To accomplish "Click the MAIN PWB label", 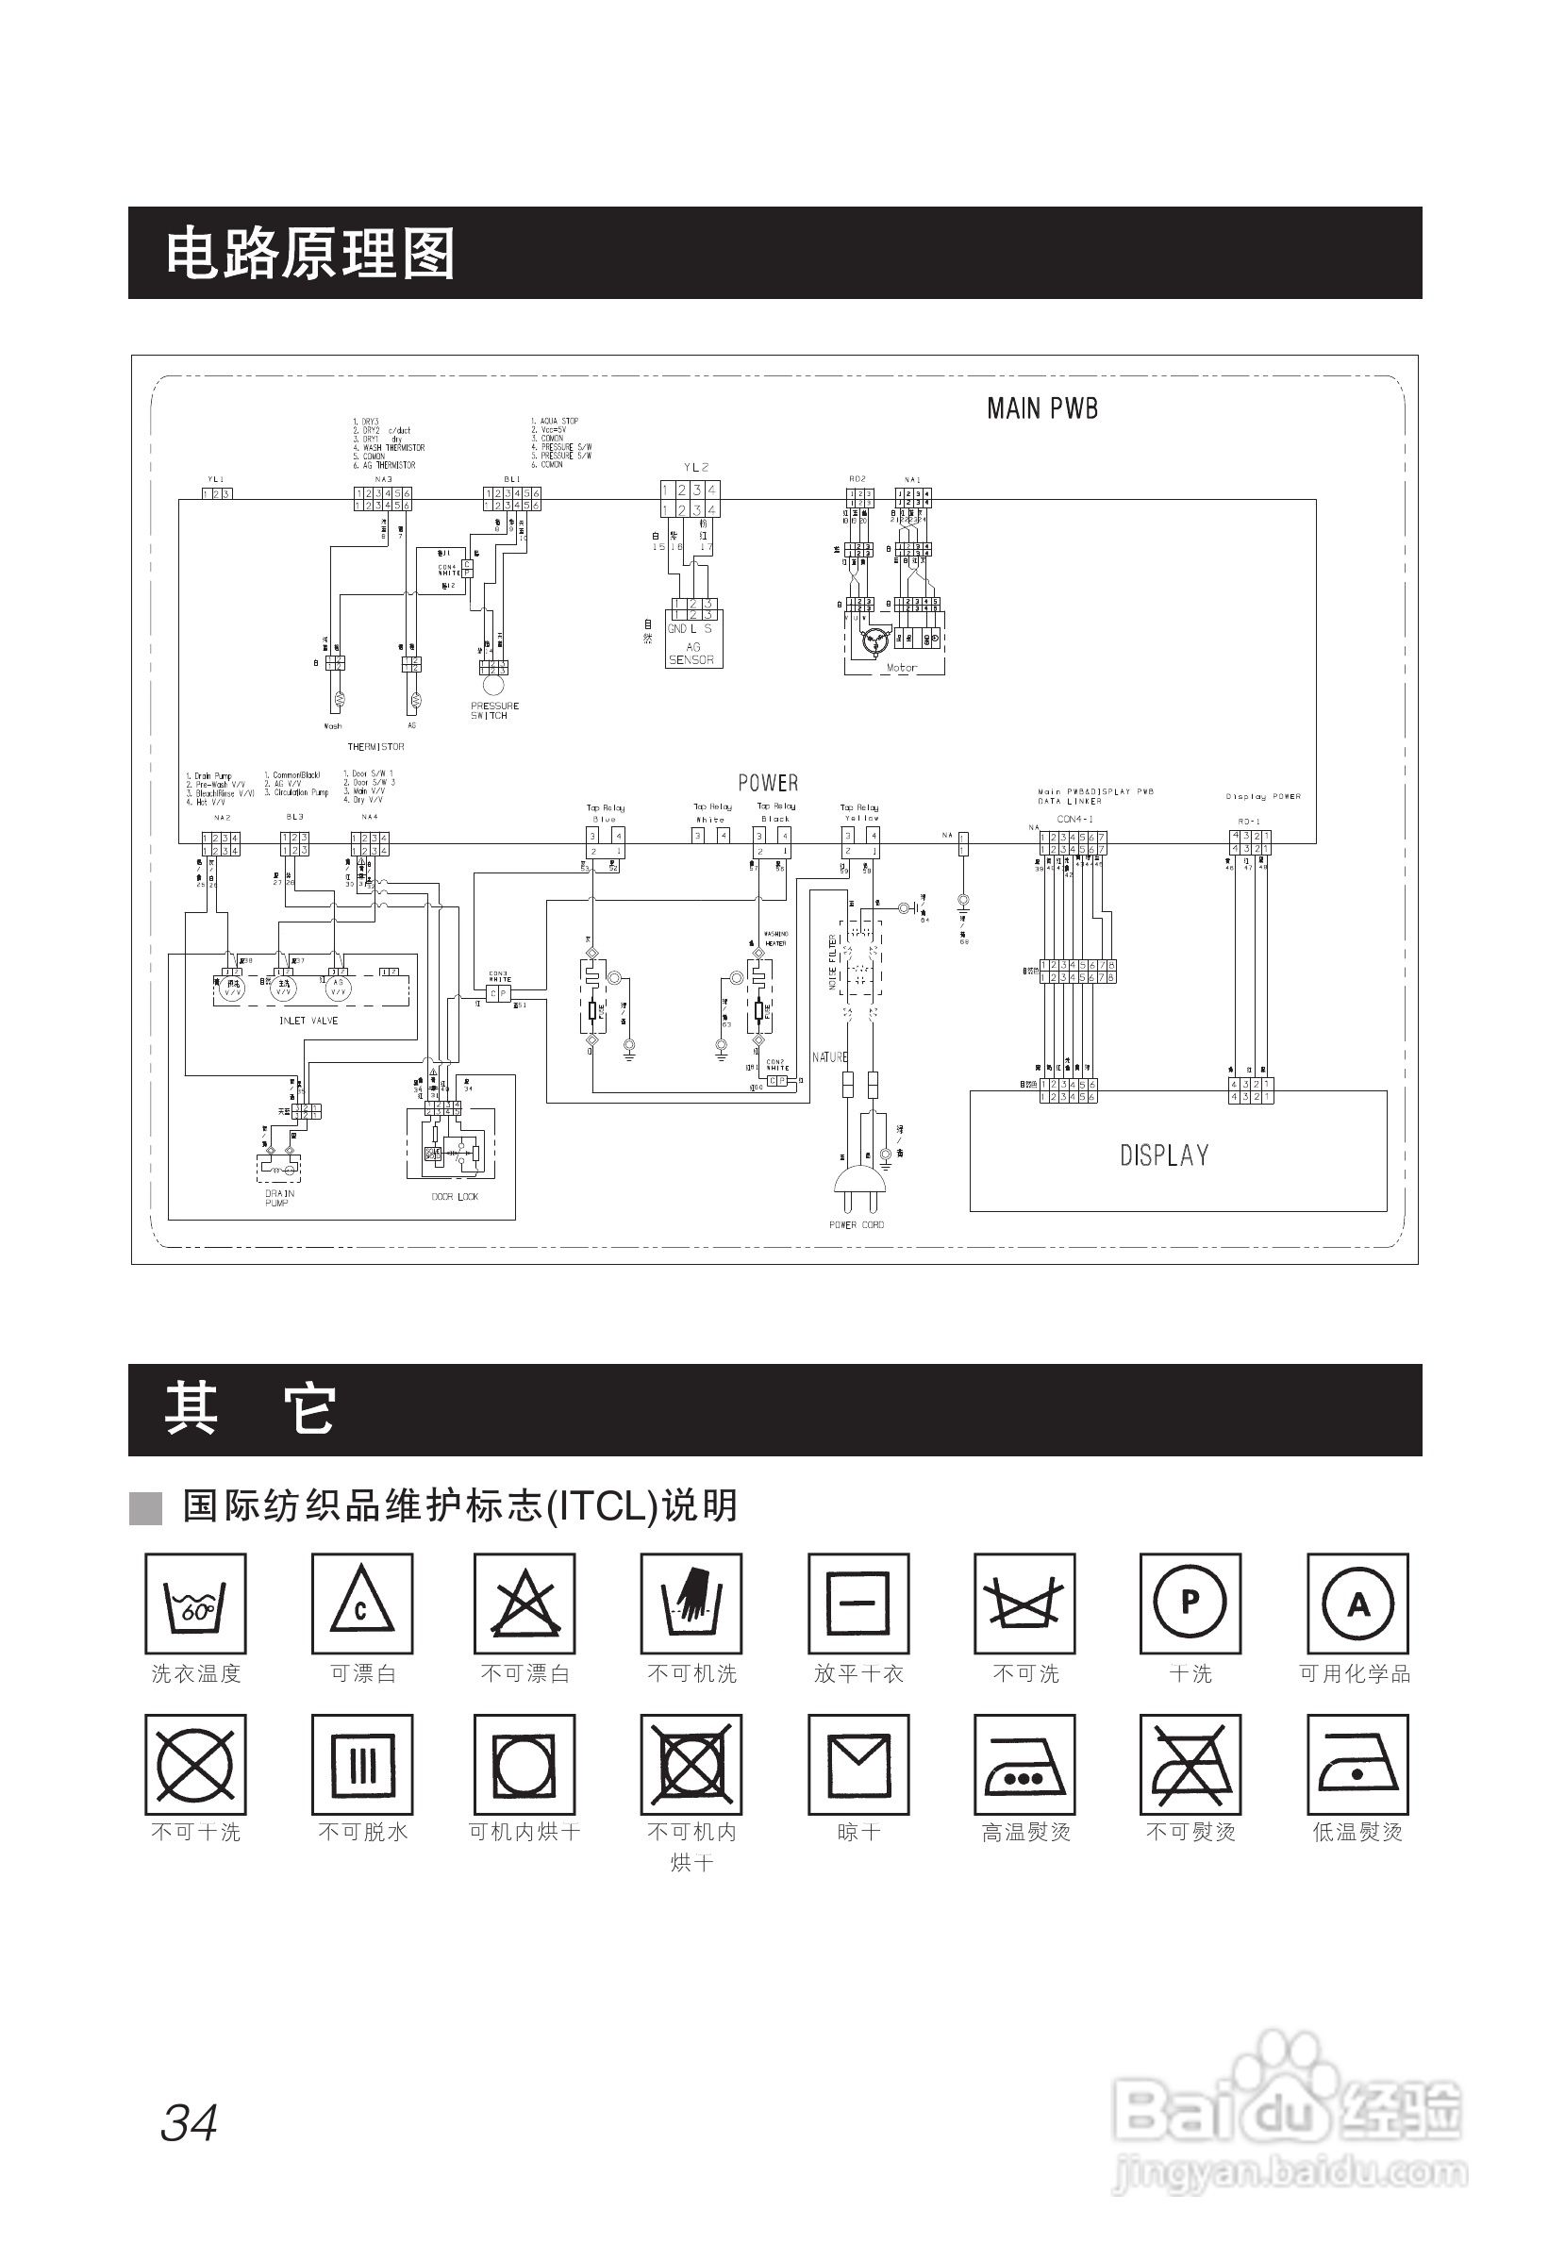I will point(1041,407).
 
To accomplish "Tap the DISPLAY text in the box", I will point(1164,1155).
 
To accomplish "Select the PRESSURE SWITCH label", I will point(494,710).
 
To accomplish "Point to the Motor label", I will point(901,668).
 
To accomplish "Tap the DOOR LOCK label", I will point(455,1196).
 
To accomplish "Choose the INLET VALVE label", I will point(308,1021).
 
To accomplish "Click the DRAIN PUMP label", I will point(278,1197).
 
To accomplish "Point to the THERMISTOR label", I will point(375,746).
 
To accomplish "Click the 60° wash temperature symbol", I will point(195,1604).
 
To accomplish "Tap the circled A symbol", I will point(1357,1604).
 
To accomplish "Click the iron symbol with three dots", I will point(1024,1765).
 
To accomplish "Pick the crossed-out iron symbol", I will point(1190,1765).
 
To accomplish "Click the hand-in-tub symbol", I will point(691,1604).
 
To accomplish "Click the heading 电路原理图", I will point(309,253).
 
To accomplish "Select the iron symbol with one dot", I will point(1357,1765).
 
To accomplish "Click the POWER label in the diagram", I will point(768,783).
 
